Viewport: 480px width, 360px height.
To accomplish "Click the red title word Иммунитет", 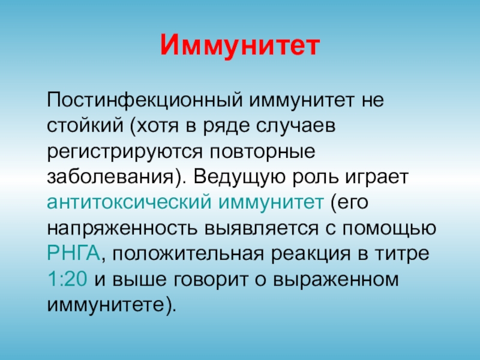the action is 240,45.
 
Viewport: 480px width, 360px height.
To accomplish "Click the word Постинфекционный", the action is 145,100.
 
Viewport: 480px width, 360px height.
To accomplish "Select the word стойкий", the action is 85,126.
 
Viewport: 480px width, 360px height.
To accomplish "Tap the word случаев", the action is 296,126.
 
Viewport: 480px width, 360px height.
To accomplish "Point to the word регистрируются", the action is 125,152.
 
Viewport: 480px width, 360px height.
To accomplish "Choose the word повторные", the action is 263,152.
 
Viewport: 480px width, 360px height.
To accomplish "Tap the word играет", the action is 377,178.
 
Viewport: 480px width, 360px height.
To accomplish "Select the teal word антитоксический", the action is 129,202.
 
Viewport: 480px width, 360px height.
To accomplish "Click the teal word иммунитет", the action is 271,202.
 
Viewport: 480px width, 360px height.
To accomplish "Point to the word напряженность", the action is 122,229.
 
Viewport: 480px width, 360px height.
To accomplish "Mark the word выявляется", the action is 262,229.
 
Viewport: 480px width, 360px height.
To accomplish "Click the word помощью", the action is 389,229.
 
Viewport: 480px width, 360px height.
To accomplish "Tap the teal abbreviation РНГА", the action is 73,253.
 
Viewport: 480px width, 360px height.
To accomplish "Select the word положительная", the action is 188,254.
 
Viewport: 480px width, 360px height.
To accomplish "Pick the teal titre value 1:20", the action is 67,279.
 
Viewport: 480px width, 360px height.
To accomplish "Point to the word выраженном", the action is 336,280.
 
